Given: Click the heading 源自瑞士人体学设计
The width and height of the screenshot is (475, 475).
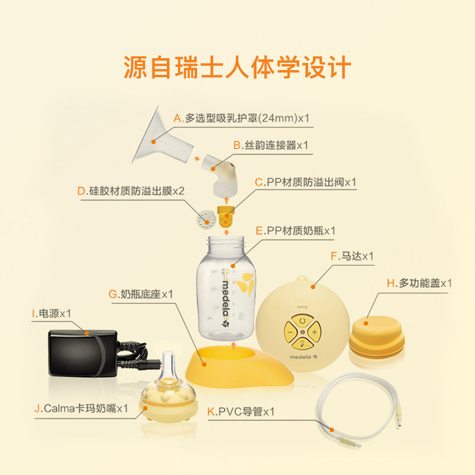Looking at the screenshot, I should point(237,68).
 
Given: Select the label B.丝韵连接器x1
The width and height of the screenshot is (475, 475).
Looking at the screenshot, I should point(270,145).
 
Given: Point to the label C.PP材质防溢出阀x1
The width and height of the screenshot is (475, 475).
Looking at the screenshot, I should point(305,182).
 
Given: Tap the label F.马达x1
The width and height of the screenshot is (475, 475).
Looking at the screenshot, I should point(351,256).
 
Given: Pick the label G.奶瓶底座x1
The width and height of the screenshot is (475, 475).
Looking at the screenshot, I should point(141,294).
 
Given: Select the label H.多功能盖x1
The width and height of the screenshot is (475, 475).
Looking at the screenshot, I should point(419,283).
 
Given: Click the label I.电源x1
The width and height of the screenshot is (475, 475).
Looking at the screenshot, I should point(52,312).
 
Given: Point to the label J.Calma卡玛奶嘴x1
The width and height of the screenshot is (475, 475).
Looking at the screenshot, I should point(81,408).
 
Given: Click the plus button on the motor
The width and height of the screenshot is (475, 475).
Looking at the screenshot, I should point(315,331).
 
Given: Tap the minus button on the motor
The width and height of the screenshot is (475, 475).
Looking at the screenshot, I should point(289,331).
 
